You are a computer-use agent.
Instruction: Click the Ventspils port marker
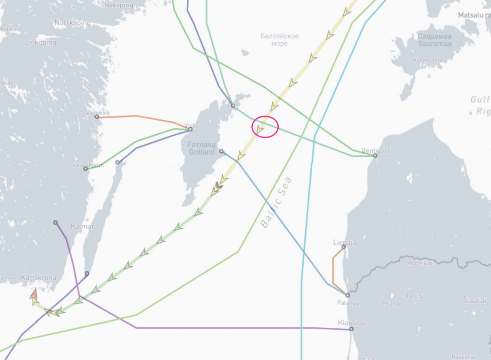point(375,155)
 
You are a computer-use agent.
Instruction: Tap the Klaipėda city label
point(352,323)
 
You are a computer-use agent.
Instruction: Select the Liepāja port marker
point(344,247)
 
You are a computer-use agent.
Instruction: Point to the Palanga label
point(348,303)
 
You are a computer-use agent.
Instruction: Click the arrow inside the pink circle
point(259,130)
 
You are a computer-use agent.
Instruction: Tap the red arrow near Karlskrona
point(34,293)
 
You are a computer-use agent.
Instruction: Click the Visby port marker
point(190,129)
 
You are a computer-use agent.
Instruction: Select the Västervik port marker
point(97,117)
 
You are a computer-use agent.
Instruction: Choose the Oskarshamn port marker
point(86,169)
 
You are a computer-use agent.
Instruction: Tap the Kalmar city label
point(82,226)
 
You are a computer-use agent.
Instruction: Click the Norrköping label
point(73,23)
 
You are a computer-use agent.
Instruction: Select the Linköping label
point(41,43)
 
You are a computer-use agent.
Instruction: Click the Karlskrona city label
point(39,277)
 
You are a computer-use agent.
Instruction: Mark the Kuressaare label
point(427,60)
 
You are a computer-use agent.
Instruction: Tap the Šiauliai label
point(475,300)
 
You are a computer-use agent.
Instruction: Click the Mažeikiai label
point(420,263)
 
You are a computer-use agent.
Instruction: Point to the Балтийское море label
point(280,40)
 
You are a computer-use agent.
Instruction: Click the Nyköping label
point(119,5)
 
